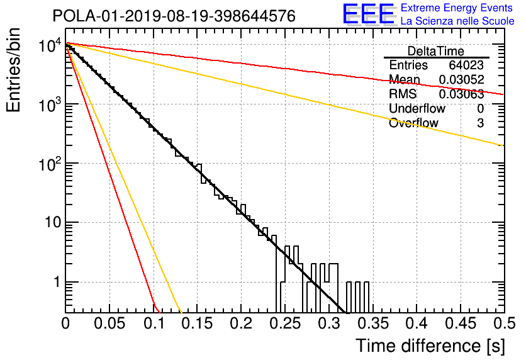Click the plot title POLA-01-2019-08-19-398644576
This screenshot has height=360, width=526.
(174, 16)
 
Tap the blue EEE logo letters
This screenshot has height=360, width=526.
(368, 14)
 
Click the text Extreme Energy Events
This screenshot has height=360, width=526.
(457, 8)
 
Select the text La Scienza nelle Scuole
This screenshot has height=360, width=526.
(457, 21)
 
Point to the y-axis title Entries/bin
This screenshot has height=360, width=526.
(13, 70)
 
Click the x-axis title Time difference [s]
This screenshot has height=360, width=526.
(430, 346)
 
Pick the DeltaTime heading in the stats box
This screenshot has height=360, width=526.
(435, 52)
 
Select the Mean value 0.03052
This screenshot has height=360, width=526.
(462, 79)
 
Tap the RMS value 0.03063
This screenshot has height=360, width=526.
(462, 94)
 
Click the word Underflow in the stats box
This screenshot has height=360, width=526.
(417, 108)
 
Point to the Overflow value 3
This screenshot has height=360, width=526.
(480, 123)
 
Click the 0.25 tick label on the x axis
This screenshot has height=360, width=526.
(285, 323)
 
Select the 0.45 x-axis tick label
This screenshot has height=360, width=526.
(461, 323)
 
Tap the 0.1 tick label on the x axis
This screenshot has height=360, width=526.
(155, 323)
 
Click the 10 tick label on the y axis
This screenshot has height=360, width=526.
(53, 222)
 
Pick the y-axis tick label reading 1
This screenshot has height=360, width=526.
(57, 282)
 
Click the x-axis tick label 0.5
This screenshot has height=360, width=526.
(504, 323)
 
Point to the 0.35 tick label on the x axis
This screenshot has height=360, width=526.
(373, 323)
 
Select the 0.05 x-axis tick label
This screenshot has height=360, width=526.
(109, 323)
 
